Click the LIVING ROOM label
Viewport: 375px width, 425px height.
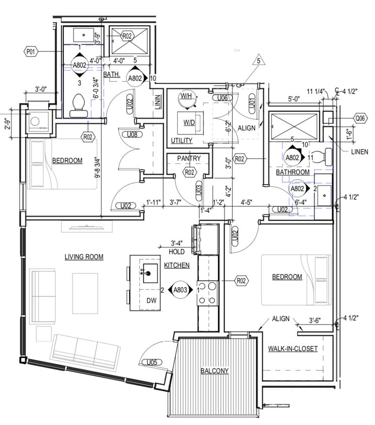point(84,257)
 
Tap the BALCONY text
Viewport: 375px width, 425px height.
point(214,371)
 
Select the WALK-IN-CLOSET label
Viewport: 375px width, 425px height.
point(292,348)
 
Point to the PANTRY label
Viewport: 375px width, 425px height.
point(189,158)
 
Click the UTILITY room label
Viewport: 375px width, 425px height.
point(182,140)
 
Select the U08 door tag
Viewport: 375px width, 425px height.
point(132,134)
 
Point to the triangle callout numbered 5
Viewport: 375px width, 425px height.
point(259,61)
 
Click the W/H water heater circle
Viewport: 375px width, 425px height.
point(187,100)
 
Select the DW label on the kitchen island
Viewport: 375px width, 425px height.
point(151,300)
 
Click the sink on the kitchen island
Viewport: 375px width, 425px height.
point(148,273)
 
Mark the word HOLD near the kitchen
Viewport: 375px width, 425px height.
point(177,252)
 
